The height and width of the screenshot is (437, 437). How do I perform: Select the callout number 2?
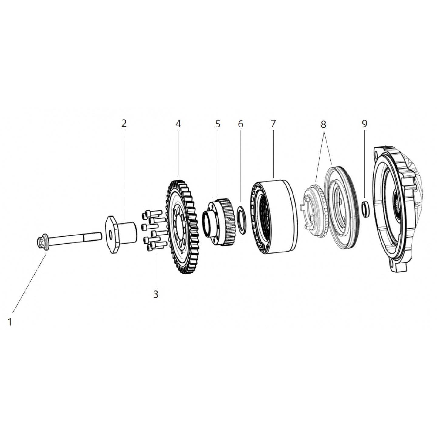point(124,124)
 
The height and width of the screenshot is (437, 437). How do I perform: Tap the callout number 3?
point(156,294)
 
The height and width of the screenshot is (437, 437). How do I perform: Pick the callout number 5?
point(218,124)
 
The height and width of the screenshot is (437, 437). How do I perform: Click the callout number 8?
point(324,124)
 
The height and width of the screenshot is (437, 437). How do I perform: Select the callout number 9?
point(364,124)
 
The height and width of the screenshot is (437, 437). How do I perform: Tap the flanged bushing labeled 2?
point(121,235)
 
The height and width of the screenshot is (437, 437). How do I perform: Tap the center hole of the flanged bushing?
point(110,235)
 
